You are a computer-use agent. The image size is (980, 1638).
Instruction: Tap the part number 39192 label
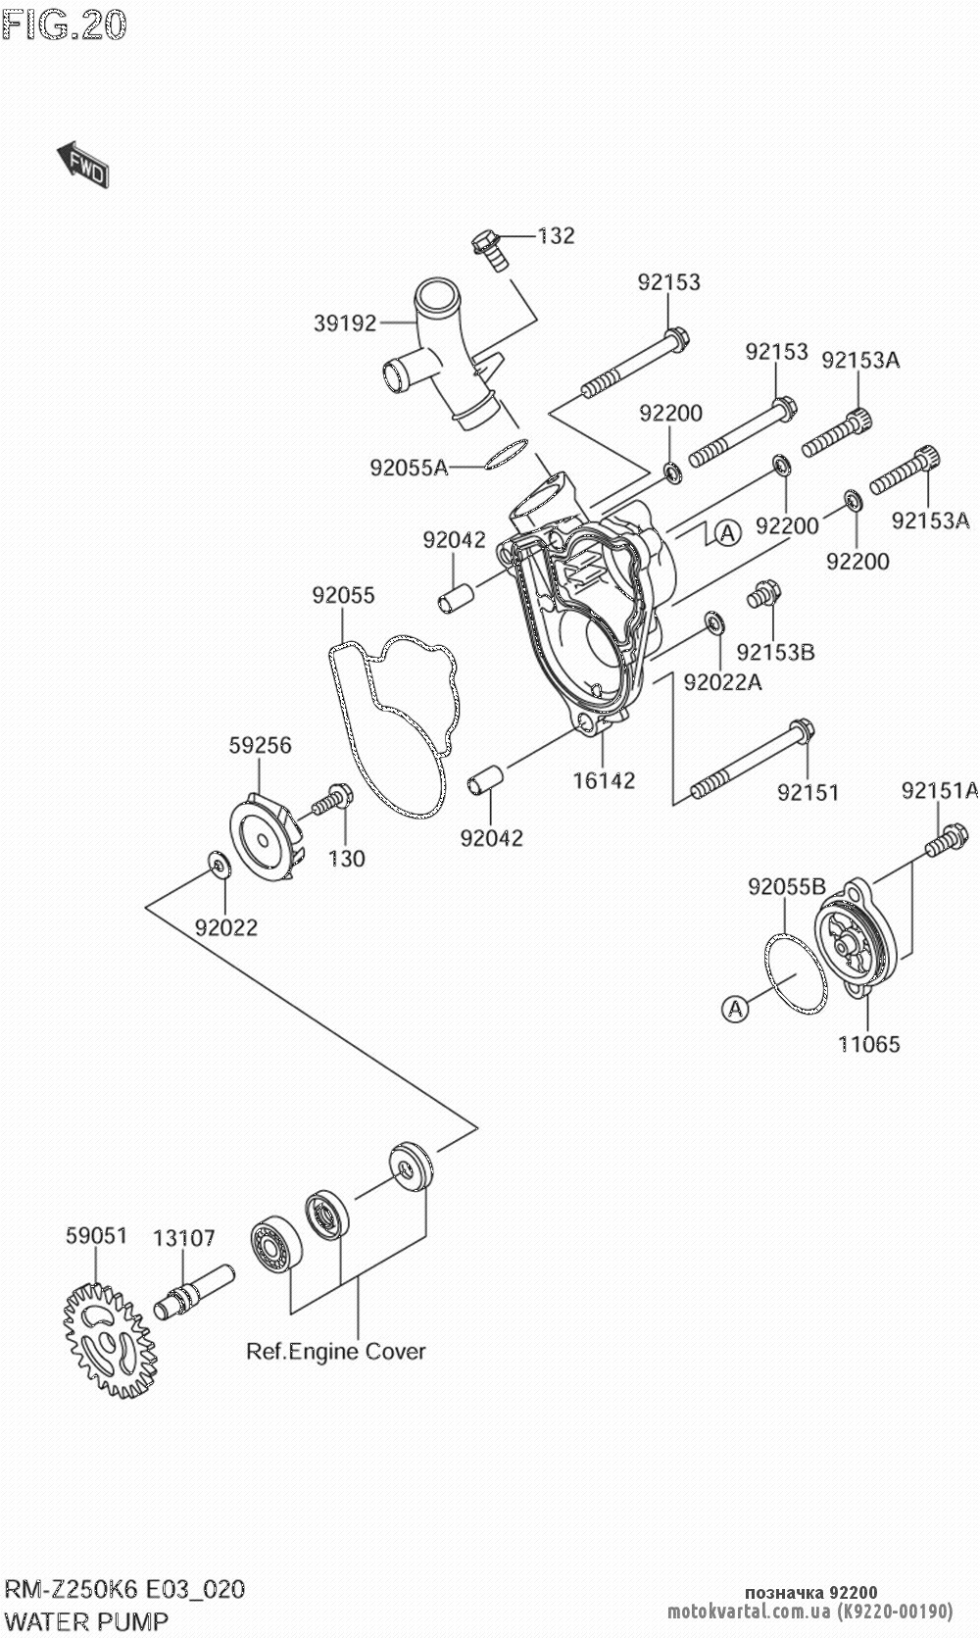(x=345, y=323)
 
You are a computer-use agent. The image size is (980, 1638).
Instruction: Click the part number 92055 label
(x=343, y=595)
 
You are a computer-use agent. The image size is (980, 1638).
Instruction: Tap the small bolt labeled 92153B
(x=763, y=593)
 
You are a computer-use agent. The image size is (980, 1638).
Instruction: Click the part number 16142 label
(x=604, y=780)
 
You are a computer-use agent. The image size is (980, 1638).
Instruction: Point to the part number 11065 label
(x=868, y=1044)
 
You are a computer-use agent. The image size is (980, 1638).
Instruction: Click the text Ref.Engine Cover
(x=336, y=1351)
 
